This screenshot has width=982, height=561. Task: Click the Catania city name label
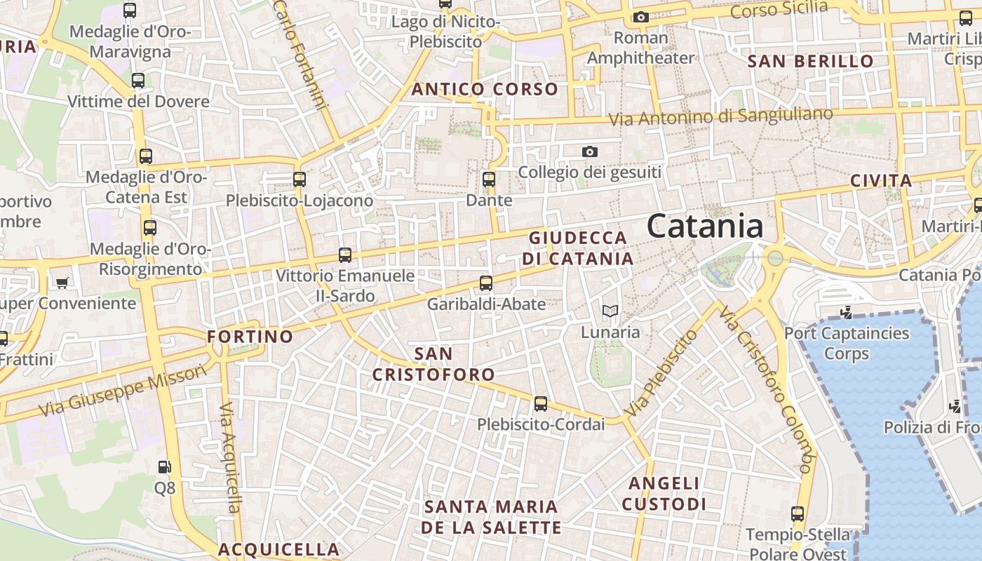coord(705,227)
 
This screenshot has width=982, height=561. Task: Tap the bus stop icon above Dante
coord(489,179)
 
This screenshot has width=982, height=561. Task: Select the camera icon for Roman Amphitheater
coord(640,17)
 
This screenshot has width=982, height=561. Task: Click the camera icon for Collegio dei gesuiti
coord(590,151)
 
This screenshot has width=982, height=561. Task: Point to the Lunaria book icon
coord(610,311)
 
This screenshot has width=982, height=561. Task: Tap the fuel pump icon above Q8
coord(164,466)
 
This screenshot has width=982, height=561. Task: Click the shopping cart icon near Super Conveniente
coord(62,283)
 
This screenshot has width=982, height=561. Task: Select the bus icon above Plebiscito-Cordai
coord(540,404)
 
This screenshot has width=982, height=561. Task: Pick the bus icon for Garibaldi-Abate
coord(486,283)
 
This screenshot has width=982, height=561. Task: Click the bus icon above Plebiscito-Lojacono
coord(300,179)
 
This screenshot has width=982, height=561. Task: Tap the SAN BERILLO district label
coord(811,62)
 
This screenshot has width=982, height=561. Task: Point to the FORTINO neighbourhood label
coord(250,337)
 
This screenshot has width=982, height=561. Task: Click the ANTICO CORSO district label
coord(485,90)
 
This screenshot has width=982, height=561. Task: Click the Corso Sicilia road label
coord(779,10)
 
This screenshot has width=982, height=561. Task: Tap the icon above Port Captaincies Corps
coord(847,312)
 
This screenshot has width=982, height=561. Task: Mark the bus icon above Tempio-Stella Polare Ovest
coord(798,514)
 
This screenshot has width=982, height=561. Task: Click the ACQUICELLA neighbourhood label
coord(278,549)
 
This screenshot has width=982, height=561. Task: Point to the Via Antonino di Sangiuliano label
coord(720,117)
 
